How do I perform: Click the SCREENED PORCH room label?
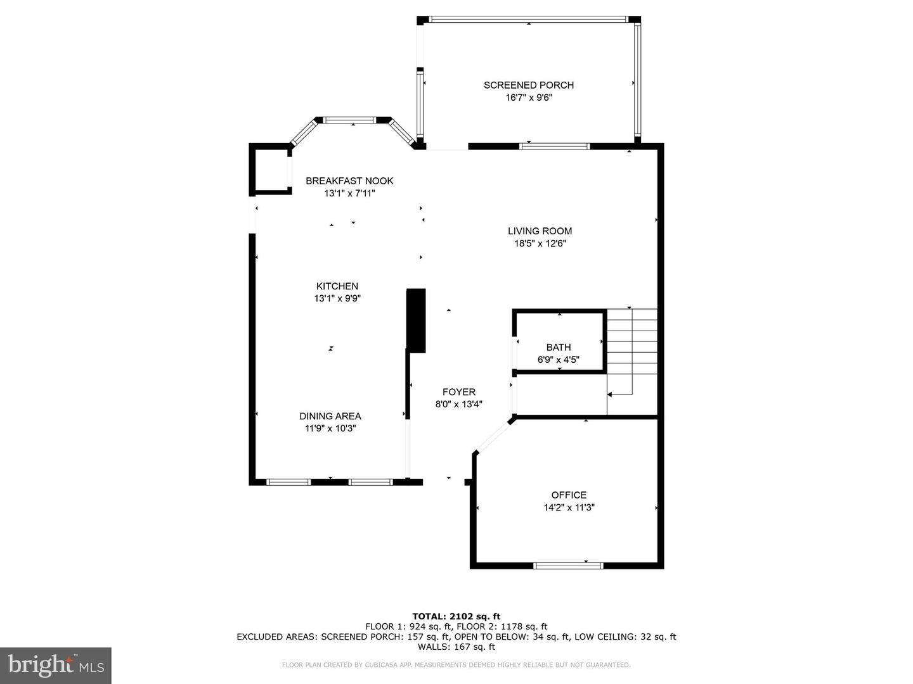[x=528, y=85]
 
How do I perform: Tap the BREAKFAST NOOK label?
[x=349, y=180]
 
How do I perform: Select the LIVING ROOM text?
[x=540, y=231]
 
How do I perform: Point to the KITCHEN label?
[x=337, y=286]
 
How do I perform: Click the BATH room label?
[x=558, y=347]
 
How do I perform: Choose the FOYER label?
[x=458, y=392]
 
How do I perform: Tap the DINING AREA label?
[x=330, y=416]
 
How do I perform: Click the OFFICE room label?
[x=569, y=495]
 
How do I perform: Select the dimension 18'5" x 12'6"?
[x=540, y=243]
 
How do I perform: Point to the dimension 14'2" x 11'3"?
[x=569, y=507]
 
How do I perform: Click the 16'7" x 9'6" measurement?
[x=528, y=98]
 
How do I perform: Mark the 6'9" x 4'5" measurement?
[x=558, y=360]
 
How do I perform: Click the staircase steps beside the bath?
[x=631, y=342]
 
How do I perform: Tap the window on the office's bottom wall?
[x=568, y=565]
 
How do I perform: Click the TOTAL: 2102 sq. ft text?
[x=456, y=616]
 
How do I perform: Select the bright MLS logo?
[x=56, y=665]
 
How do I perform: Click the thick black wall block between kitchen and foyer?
[x=416, y=320]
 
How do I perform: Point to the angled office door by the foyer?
[x=495, y=435]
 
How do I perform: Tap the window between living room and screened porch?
[x=555, y=146]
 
